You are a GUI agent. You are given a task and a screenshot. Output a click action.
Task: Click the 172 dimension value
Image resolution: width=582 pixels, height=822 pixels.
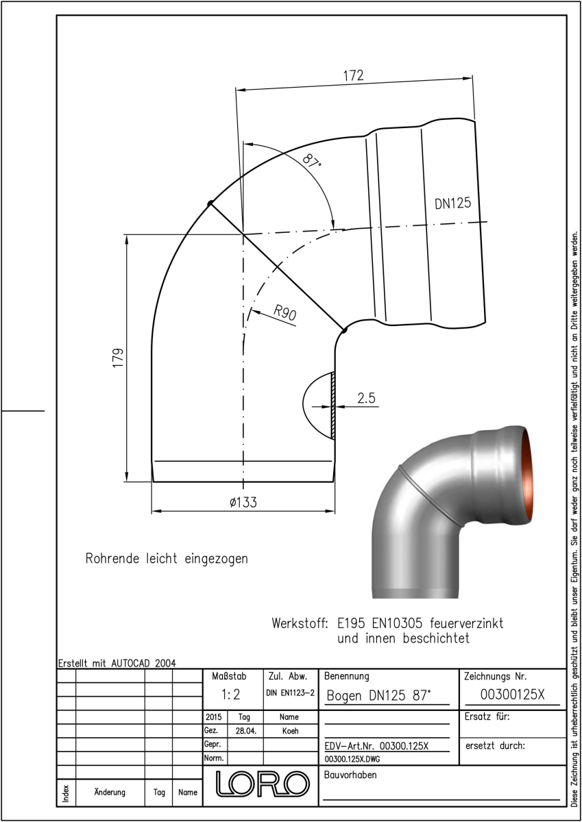tap(353, 75)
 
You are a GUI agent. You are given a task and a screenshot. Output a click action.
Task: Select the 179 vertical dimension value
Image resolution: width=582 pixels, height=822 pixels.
tap(118, 358)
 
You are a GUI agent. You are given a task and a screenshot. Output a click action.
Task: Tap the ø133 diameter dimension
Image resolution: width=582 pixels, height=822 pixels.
tap(243, 502)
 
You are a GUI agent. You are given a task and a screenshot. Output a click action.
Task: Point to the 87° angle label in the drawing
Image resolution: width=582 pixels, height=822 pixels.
tap(311, 161)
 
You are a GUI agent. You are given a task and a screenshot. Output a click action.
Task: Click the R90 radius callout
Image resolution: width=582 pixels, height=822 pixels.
tap(285, 312)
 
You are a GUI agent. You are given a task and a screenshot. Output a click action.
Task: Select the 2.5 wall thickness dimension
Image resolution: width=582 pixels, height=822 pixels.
tap(367, 398)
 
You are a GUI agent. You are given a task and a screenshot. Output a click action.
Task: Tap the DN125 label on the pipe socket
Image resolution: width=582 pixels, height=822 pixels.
tap(452, 203)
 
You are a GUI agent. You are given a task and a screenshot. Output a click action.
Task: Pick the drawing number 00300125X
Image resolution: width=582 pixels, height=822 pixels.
tap(512, 695)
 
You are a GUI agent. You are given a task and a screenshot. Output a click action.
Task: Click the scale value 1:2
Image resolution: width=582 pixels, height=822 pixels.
tap(231, 695)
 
